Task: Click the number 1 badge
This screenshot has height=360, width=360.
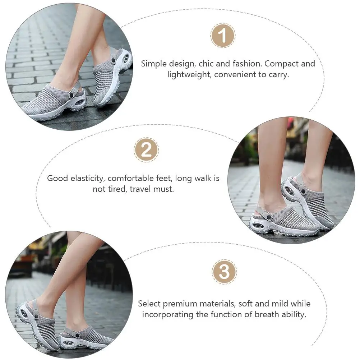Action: point(223,36)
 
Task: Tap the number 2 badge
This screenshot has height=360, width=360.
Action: point(146,150)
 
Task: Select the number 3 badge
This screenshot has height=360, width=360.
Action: point(224,272)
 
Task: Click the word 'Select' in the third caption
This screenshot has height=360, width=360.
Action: point(149,304)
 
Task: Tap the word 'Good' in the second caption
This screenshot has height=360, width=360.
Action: point(57,178)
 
